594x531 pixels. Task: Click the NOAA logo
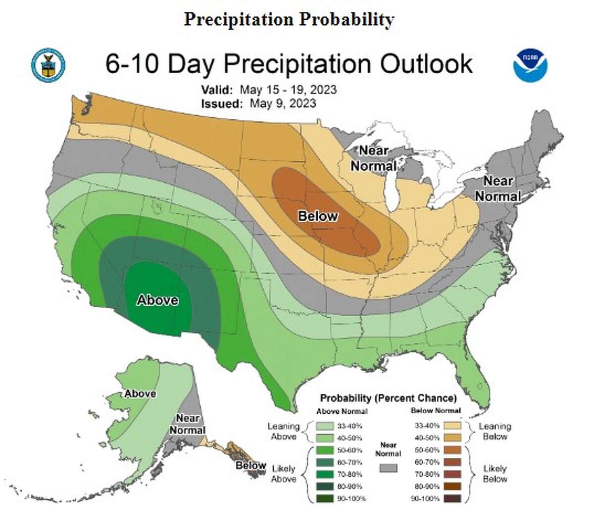click(530, 65)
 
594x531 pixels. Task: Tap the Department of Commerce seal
click(48, 65)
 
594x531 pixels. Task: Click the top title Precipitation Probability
click(289, 19)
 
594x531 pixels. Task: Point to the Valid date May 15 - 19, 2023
click(288, 90)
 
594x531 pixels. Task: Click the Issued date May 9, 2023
click(283, 103)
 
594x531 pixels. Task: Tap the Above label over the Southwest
click(157, 300)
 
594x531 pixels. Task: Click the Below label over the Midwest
click(318, 216)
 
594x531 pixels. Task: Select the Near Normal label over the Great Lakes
click(374, 158)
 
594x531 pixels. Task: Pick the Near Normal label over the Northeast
click(498, 189)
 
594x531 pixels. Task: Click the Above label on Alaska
click(140, 393)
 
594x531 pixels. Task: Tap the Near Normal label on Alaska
click(188, 424)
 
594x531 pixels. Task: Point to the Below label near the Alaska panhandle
click(250, 465)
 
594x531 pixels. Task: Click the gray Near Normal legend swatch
click(388, 468)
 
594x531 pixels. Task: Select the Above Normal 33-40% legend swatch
click(325, 426)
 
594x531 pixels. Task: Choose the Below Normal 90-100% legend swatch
click(453, 498)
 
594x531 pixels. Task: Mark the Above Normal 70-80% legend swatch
click(325, 474)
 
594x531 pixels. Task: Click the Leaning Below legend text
click(495, 432)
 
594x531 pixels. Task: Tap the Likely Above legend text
click(284, 474)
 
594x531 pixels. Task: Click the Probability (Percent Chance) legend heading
click(388, 398)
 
